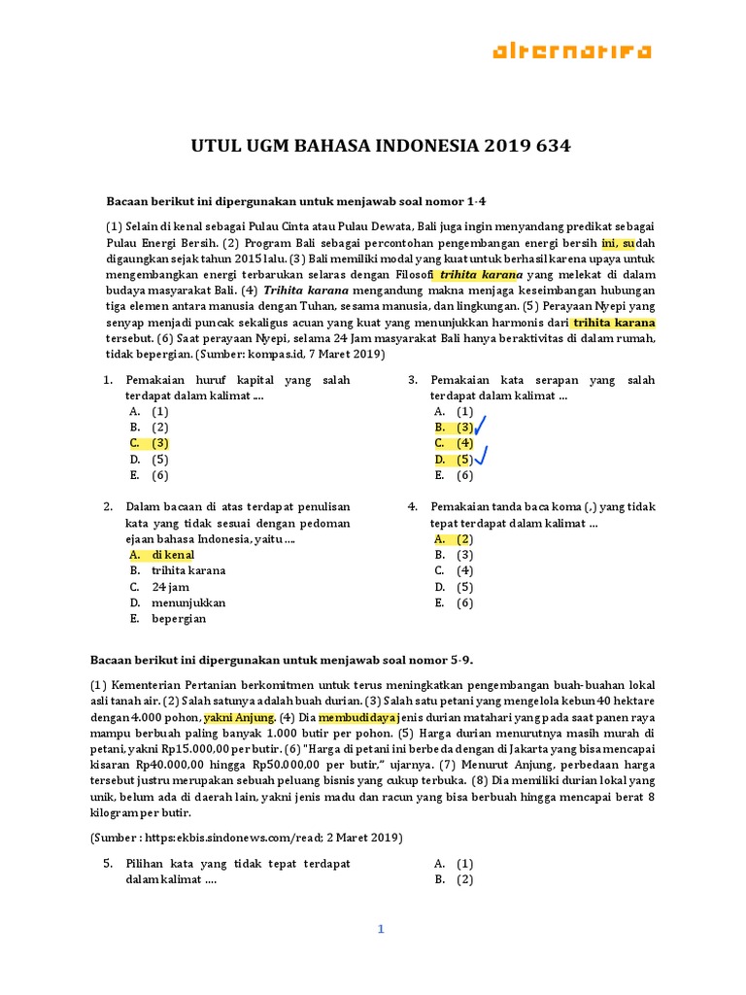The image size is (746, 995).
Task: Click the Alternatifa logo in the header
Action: (x=571, y=51)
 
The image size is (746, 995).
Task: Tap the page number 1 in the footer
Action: (x=382, y=929)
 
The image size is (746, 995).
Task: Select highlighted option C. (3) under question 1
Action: (x=150, y=443)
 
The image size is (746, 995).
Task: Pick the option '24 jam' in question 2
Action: (x=171, y=587)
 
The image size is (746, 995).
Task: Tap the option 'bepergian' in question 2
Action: (x=180, y=618)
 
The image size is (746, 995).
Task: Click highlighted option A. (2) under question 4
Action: (x=454, y=538)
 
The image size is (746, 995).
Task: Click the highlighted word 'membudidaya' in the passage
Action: (x=357, y=717)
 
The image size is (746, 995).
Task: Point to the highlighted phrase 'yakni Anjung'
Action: (x=239, y=717)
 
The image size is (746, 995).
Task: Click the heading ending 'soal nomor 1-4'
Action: (x=295, y=201)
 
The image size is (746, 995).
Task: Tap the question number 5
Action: (x=108, y=863)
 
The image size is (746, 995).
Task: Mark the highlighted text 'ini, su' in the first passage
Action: (x=617, y=243)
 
